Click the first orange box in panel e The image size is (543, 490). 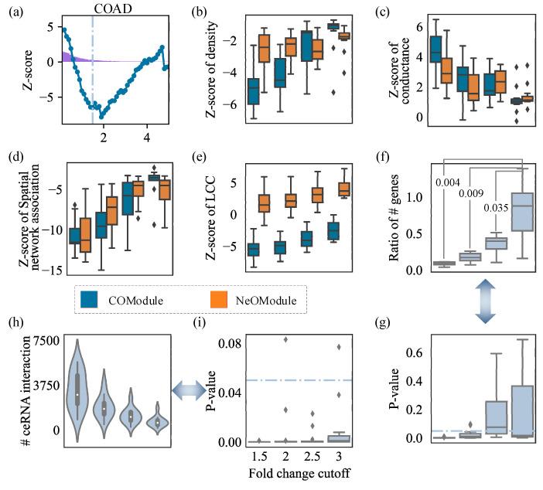pyautogui.click(x=264, y=202)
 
